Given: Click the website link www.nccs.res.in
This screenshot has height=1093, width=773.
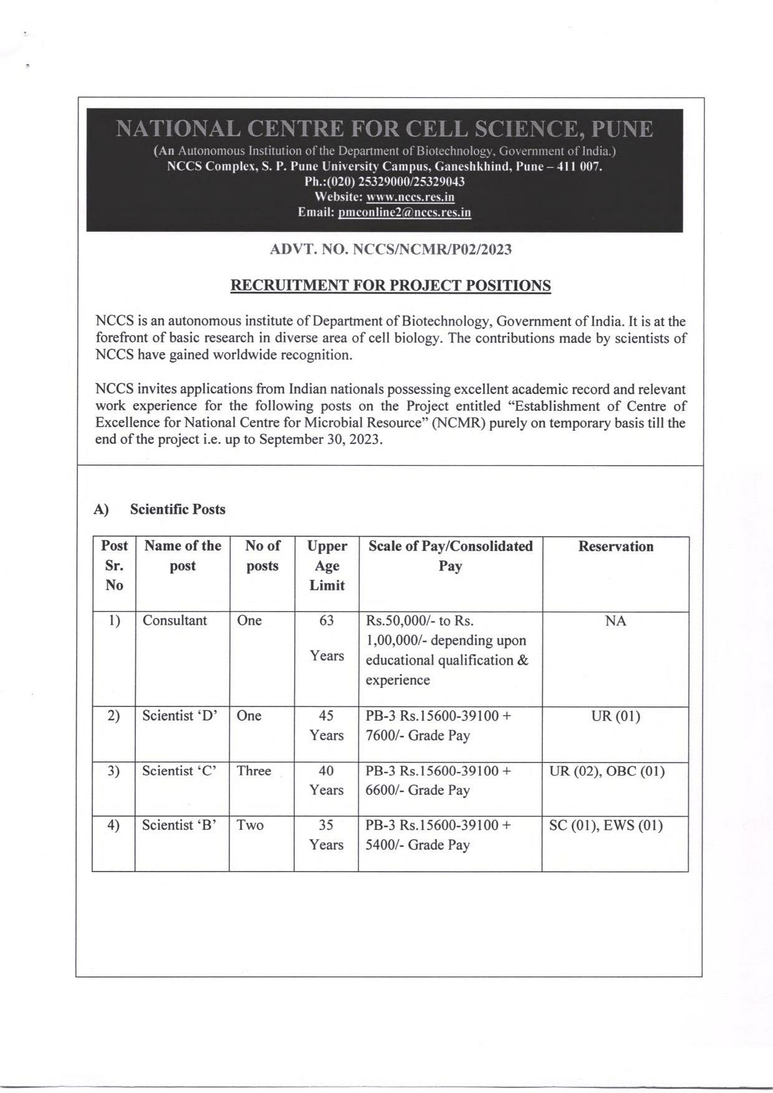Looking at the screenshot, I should pos(410,198).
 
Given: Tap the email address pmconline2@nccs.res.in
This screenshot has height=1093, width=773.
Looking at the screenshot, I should pos(404,213).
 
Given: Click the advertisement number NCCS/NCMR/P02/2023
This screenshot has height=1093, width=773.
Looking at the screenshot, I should pos(432,250).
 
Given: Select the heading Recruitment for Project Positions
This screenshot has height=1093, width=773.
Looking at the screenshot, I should pos(391,286).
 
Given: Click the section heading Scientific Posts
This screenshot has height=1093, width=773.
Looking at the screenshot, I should pos(178,509).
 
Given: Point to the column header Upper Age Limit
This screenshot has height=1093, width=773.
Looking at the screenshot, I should pos(327,566).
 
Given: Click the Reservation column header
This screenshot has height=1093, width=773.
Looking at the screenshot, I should pos(615,547).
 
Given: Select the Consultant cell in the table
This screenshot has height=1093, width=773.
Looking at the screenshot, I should pos(175,621).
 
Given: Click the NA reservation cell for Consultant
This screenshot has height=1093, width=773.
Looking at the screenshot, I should pos(615,621).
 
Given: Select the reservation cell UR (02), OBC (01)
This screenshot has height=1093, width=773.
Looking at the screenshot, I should pos(607,771).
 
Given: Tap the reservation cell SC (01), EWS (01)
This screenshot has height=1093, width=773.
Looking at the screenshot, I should pos(605,826).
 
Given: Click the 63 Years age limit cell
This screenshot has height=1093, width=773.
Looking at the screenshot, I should pos(327,638).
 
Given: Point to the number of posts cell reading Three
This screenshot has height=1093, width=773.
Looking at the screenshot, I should pos(254,771).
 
